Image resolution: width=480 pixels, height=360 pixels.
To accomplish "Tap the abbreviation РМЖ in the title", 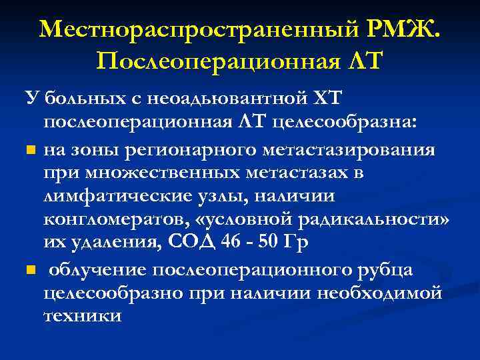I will click(x=404, y=29).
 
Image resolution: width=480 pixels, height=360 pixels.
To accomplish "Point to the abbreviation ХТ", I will click(x=325, y=100).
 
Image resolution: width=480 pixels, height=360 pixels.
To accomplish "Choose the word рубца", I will click(x=381, y=269).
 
